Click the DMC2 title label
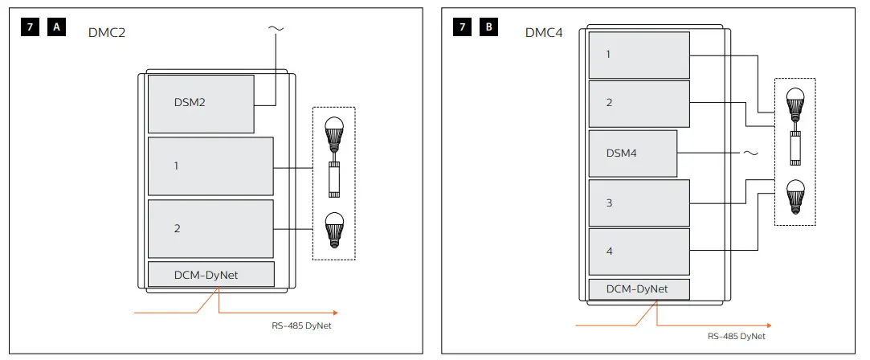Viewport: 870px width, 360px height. pyautogui.click(x=107, y=33)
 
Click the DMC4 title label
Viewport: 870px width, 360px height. pyautogui.click(x=544, y=33)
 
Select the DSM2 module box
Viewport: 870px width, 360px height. pyautogui.click(x=201, y=104)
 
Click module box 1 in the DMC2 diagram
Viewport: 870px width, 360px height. pyautogui.click(x=210, y=166)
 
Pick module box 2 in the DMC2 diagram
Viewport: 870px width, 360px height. pyautogui.click(x=210, y=228)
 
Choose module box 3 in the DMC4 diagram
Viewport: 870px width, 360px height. pyautogui.click(x=639, y=202)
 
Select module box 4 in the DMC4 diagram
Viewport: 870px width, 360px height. pyautogui.click(x=639, y=252)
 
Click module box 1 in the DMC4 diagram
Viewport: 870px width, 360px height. pyautogui.click(x=639, y=54)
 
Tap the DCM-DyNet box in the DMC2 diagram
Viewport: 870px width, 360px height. pyautogui.click(x=211, y=275)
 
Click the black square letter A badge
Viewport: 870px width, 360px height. pyautogui.click(x=57, y=27)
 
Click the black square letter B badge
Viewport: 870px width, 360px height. pyautogui.click(x=488, y=27)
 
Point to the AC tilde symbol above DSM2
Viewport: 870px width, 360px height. pyautogui.click(x=275, y=29)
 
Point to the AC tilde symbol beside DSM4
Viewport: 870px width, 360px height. pyautogui.click(x=751, y=153)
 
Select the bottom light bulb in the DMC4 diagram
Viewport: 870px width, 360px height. pyautogui.click(x=794, y=196)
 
